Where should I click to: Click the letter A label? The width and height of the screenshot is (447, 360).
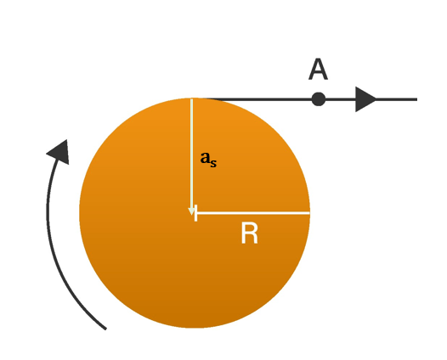[318, 70]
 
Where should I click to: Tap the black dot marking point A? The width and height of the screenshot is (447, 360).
[319, 99]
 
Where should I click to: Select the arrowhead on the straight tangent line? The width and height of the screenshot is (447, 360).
[365, 99]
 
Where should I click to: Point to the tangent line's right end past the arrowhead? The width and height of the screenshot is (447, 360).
[416, 99]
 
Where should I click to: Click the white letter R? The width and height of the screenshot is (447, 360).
[250, 233]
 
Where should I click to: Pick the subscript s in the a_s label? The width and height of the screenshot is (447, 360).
[213, 164]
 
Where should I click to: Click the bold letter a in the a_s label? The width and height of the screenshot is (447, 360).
[205, 158]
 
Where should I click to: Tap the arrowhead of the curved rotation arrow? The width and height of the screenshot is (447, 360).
[59, 152]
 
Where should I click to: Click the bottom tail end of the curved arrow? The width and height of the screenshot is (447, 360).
[105, 329]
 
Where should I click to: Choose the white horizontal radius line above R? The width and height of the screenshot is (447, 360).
[252, 213]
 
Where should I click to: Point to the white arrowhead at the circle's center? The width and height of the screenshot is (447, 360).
[191, 211]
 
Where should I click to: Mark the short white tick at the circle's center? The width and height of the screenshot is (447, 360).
[195, 213]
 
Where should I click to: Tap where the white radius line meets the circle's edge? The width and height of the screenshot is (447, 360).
[309, 213]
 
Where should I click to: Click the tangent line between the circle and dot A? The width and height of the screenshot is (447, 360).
[257, 99]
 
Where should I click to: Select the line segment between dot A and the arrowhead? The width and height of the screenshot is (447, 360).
[341, 99]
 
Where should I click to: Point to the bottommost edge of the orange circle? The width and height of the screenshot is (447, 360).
[195, 328]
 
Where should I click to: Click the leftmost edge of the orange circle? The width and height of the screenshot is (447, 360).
[80, 213]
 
